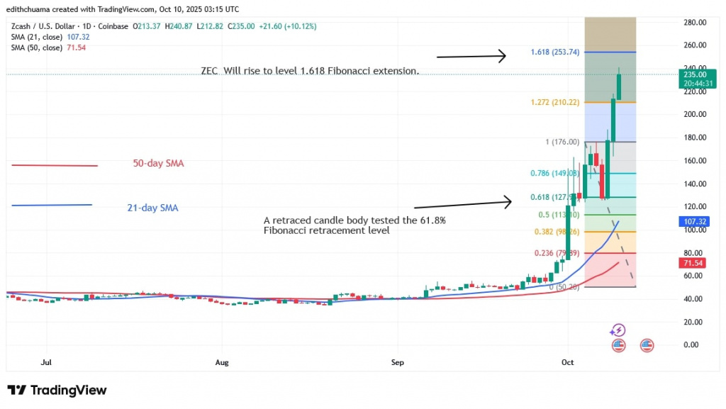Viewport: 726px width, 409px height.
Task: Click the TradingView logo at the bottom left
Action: (57, 390)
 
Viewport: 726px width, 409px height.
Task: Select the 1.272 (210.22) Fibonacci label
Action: (554, 102)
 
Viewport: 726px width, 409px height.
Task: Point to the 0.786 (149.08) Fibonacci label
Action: (554, 172)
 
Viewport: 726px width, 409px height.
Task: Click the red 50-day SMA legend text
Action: (157, 164)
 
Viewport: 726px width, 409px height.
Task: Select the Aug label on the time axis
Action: (222, 362)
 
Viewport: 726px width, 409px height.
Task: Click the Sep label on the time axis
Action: (397, 362)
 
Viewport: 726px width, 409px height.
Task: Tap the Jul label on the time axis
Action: (47, 362)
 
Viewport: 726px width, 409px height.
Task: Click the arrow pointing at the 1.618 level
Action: (471, 55)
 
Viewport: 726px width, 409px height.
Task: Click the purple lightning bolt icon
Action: (618, 330)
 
